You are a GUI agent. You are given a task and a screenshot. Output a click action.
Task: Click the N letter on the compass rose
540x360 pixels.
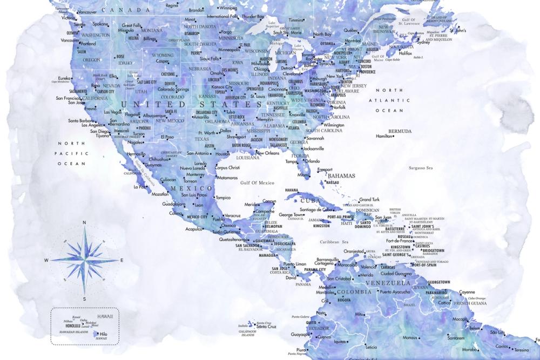click(84, 222)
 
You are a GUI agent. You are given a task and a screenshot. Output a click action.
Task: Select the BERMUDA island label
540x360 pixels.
click(400, 131)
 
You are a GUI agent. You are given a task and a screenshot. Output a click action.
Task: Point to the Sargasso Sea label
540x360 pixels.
click(421, 168)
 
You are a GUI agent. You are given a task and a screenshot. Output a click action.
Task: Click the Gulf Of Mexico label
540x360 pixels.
click(258, 183)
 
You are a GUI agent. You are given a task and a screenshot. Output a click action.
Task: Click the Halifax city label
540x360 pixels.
click(405, 53)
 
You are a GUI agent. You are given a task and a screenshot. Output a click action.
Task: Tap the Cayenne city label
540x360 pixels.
click(467, 292)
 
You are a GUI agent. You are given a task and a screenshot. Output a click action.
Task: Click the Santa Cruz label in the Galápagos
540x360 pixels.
click(266, 327)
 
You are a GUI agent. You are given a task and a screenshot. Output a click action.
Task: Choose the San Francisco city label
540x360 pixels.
click(68, 98)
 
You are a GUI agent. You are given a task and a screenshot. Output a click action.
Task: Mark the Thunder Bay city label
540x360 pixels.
click(253, 17)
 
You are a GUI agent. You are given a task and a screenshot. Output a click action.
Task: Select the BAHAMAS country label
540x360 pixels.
click(341, 176)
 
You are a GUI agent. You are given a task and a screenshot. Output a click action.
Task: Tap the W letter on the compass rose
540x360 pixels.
click(46, 261)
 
